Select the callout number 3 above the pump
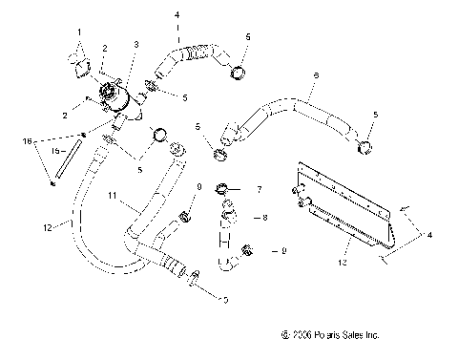click(x=135, y=45)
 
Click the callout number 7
click(x=258, y=190)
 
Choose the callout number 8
click(x=264, y=218)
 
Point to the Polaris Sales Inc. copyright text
click(x=331, y=335)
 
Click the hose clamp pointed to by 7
click(x=221, y=187)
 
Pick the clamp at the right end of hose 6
click(x=364, y=146)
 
